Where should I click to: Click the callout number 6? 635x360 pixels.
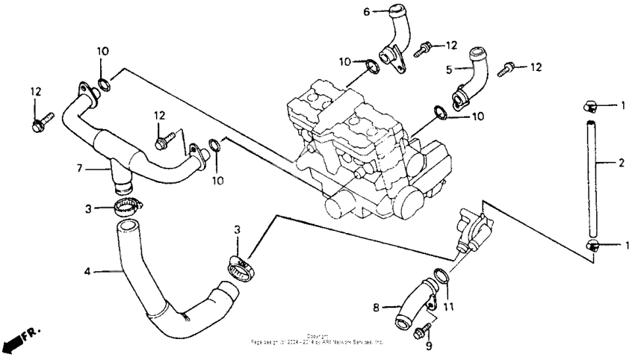367,11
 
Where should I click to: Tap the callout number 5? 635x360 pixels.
450,69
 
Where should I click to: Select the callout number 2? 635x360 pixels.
622,161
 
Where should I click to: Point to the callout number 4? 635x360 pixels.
87,271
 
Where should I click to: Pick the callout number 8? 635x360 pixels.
377,307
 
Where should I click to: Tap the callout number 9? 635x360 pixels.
428,346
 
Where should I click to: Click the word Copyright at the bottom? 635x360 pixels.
317,336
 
